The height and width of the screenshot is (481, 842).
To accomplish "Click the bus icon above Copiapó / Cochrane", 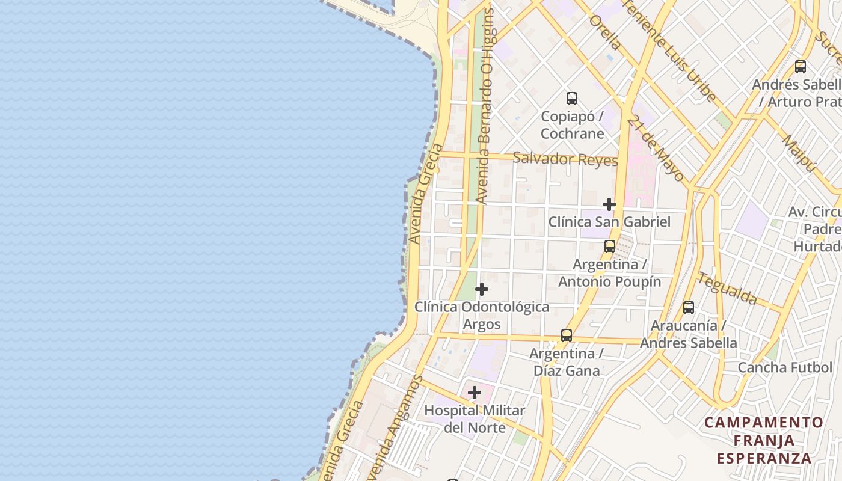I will pyautogui.click(x=571, y=98).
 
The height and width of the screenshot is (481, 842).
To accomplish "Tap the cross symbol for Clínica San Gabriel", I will pyautogui.click(x=609, y=204).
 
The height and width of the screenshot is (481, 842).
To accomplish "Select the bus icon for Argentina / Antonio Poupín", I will pyautogui.click(x=610, y=246).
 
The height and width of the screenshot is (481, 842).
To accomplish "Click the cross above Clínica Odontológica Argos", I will pyautogui.click(x=481, y=289).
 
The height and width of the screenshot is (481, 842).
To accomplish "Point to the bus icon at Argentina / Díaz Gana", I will pyautogui.click(x=567, y=335).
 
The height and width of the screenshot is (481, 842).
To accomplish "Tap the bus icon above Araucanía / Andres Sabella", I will pyautogui.click(x=689, y=307).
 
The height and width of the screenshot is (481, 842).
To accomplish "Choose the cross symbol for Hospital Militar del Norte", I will pyautogui.click(x=474, y=393).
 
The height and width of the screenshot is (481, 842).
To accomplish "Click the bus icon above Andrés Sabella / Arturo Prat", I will pyautogui.click(x=800, y=66).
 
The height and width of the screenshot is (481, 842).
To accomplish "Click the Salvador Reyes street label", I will pyautogui.click(x=565, y=159).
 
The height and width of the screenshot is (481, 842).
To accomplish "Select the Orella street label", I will pyautogui.click(x=605, y=32).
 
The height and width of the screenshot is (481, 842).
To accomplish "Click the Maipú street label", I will pyautogui.click(x=798, y=153).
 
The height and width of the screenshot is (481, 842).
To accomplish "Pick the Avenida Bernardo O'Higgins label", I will pyautogui.click(x=485, y=105).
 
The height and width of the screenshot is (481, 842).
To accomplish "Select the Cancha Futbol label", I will pyautogui.click(x=785, y=367).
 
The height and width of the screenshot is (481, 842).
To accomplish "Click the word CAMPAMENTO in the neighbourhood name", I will pyautogui.click(x=763, y=423).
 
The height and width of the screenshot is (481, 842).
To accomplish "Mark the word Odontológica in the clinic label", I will pyautogui.click(x=505, y=307).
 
